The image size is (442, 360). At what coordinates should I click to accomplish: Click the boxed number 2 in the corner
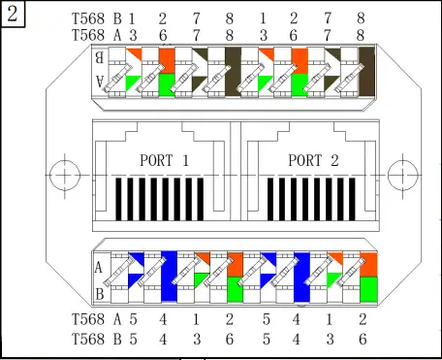pyautogui.click(x=13, y=15)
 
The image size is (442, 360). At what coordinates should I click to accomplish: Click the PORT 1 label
pyautogui.click(x=164, y=160)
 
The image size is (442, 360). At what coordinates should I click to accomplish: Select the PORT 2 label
pyautogui.click(x=313, y=160)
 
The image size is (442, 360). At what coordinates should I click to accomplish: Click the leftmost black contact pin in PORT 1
pyautogui.click(x=118, y=199)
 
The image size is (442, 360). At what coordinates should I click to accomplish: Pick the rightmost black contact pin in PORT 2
pyautogui.click(x=352, y=199)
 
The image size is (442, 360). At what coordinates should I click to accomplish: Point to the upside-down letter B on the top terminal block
pyautogui.click(x=99, y=57)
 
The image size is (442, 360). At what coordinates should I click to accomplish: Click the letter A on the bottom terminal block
pyautogui.click(x=99, y=268)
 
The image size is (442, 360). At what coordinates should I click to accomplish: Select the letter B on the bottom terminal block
pyautogui.click(x=100, y=294)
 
